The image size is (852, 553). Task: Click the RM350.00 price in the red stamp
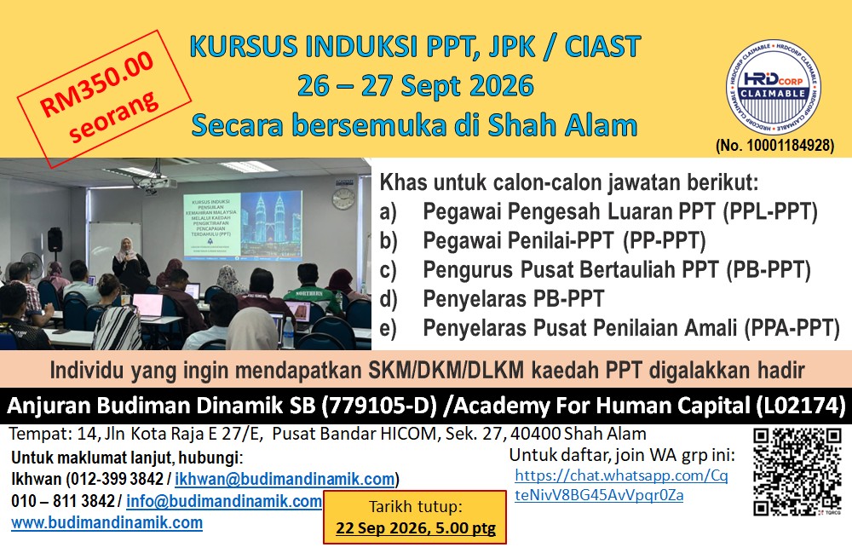(x=98, y=83)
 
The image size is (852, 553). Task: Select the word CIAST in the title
(x=602, y=47)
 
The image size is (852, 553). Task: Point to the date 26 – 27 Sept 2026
(x=416, y=86)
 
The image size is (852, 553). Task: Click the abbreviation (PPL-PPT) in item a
(x=770, y=212)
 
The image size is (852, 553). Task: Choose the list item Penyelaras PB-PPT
(x=514, y=299)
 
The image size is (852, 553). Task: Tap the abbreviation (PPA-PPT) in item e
(x=792, y=328)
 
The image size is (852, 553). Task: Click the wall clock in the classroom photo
(x=343, y=199)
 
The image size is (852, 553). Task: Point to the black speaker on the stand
(x=55, y=239)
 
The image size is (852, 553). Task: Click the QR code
(x=797, y=471)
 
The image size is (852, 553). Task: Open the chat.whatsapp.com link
(x=621, y=485)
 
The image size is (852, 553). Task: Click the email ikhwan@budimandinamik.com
(x=285, y=479)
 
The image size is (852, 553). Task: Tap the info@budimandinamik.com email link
(x=224, y=501)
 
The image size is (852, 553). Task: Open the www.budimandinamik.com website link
(x=107, y=522)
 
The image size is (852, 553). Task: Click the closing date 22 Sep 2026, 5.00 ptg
(x=416, y=528)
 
